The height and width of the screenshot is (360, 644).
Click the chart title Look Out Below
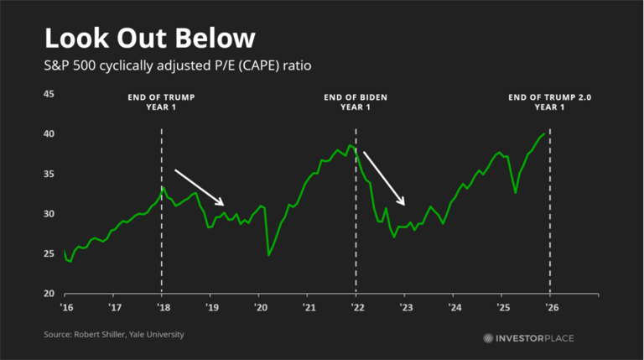pyautogui.click(x=149, y=39)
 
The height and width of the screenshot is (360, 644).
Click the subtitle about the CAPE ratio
pyautogui.click(x=179, y=65)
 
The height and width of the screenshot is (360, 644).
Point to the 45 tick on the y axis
pyautogui.click(x=49, y=94)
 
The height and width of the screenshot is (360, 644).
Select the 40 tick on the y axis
pyautogui.click(x=49, y=134)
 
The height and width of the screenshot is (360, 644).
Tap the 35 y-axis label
pyautogui.click(x=49, y=174)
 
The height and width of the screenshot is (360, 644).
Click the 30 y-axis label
pyautogui.click(x=49, y=214)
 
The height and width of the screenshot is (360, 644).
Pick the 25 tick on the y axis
pyautogui.click(x=49, y=253)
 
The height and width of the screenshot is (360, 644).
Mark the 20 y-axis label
pyautogui.click(x=49, y=294)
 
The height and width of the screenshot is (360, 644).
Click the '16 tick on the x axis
pyautogui.click(x=65, y=308)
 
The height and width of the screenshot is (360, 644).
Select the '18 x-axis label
pyautogui.click(x=162, y=308)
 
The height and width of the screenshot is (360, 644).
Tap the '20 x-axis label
pyautogui.click(x=259, y=308)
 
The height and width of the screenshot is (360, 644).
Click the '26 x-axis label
pyautogui.click(x=550, y=308)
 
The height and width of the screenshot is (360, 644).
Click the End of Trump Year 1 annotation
pyautogui.click(x=162, y=102)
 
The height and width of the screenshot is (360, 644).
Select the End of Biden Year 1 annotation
pyautogui.click(x=356, y=102)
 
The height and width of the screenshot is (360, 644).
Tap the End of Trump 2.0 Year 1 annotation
pyautogui.click(x=550, y=102)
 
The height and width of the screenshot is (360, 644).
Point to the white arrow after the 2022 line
pyautogui.click(x=384, y=179)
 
